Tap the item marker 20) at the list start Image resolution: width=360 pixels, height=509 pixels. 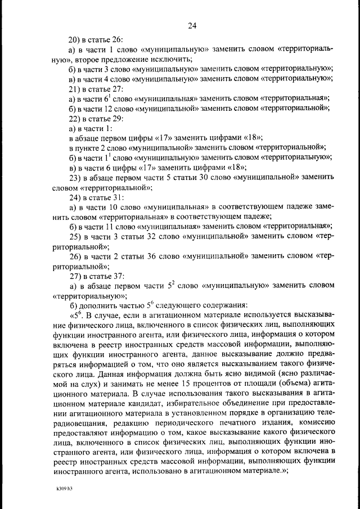pyautogui.click(x=75, y=40)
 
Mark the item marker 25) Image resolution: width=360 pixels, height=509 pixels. pyautogui.click(x=75, y=237)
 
